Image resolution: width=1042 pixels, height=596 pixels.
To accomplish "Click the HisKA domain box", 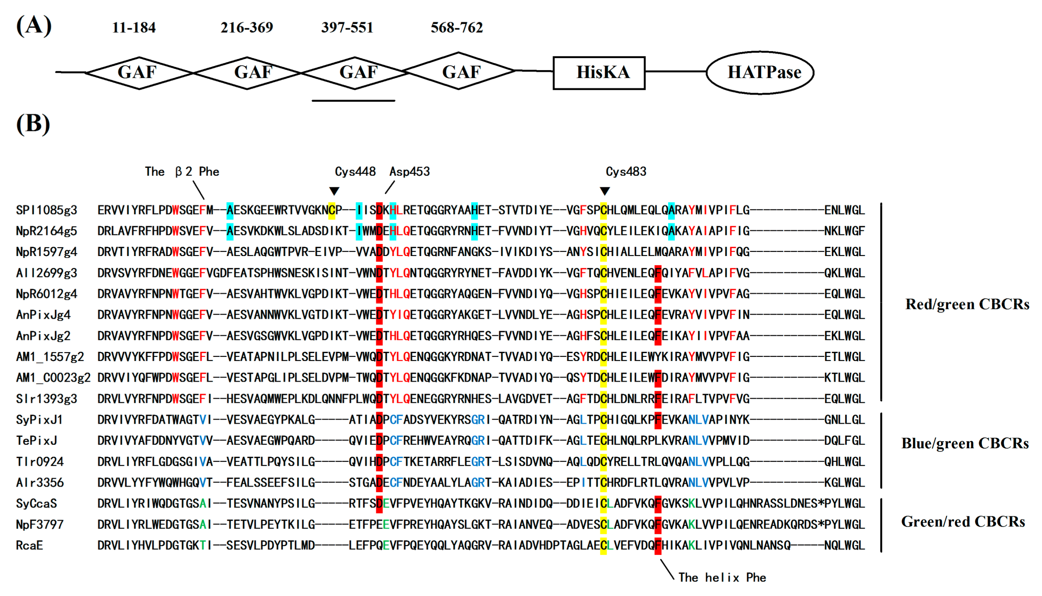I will pyautogui.click(x=599, y=73).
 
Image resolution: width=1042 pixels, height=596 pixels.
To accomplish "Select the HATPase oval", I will pyautogui.click(x=760, y=73).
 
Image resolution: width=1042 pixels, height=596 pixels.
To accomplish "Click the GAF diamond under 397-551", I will pyautogui.click(x=355, y=73).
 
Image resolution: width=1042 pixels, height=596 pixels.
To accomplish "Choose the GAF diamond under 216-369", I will pyautogui.click(x=247, y=73).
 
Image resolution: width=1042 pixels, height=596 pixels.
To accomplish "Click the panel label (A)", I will pyautogui.click(x=34, y=25).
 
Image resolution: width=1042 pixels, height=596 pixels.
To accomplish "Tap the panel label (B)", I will pyautogui.click(x=33, y=124).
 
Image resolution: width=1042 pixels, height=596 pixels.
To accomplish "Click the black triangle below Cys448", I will pyautogui.click(x=334, y=191).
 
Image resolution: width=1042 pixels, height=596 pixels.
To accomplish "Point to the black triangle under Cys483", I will pyautogui.click(x=605, y=191).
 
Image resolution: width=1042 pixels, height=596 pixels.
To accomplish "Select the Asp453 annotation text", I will pyautogui.click(x=410, y=171).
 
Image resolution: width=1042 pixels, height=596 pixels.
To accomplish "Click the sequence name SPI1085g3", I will pyautogui.click(x=46, y=210).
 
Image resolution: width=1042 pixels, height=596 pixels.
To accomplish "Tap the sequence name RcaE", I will pyautogui.click(x=29, y=545).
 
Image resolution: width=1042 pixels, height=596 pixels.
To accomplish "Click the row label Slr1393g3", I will pyautogui.click(x=46, y=399).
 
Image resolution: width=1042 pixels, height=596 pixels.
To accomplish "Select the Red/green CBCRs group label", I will pyautogui.click(x=967, y=304).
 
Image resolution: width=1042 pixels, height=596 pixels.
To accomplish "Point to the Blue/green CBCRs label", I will pyautogui.click(x=965, y=443).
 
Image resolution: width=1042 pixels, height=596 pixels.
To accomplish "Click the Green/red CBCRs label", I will pyautogui.click(x=963, y=521).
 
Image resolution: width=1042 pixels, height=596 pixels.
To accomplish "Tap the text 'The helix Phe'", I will pyautogui.click(x=722, y=577).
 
